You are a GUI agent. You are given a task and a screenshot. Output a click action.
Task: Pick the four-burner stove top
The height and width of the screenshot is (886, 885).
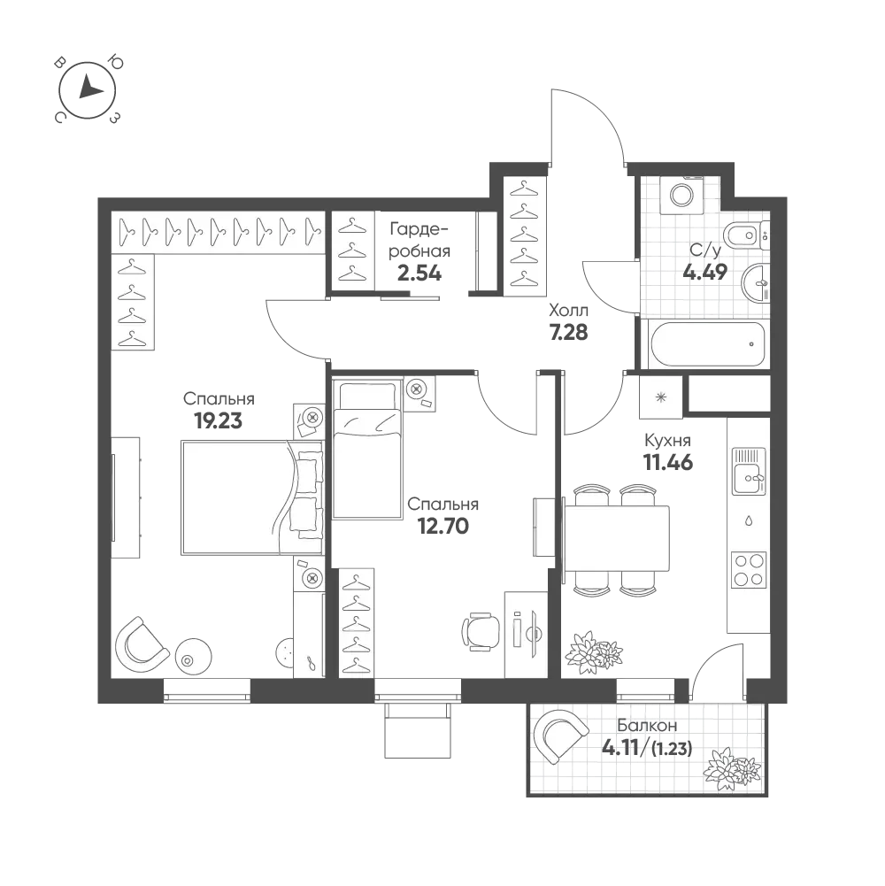749,569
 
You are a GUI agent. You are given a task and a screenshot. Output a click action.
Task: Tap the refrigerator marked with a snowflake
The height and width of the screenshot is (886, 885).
660,397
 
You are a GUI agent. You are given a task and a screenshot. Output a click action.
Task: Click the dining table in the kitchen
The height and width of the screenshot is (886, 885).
617,539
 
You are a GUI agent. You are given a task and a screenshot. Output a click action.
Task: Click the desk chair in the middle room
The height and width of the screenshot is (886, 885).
479,631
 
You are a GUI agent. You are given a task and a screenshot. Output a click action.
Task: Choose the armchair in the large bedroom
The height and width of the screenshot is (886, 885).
141,643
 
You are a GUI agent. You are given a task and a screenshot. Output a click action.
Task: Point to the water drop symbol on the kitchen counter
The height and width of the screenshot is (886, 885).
749,520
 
